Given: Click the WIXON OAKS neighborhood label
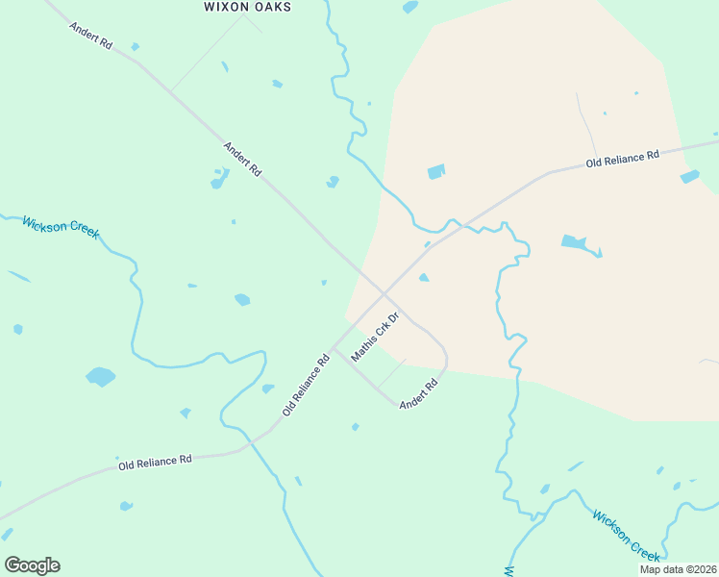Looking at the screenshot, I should [x=247, y=7].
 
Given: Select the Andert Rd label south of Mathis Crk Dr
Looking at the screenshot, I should [x=419, y=394].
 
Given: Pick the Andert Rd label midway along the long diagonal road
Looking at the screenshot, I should [x=242, y=159].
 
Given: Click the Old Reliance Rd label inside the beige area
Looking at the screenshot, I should [x=624, y=159].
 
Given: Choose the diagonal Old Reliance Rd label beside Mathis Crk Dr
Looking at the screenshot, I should [x=307, y=384].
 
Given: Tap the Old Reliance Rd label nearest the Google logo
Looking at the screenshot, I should [x=155, y=463].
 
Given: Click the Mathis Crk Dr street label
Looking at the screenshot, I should [x=375, y=337].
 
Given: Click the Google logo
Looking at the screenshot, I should [x=32, y=565].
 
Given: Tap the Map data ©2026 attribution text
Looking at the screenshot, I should [x=678, y=569].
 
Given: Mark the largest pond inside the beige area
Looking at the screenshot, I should [x=577, y=243].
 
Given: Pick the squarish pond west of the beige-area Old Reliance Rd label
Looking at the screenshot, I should [x=436, y=172].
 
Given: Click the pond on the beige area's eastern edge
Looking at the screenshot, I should [x=689, y=177].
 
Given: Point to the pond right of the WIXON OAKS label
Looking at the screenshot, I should [x=410, y=7].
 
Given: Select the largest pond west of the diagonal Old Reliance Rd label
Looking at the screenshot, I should [x=100, y=376].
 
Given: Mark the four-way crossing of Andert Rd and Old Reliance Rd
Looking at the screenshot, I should [x=384, y=292].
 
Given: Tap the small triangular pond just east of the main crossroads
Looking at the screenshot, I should [x=423, y=278].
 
